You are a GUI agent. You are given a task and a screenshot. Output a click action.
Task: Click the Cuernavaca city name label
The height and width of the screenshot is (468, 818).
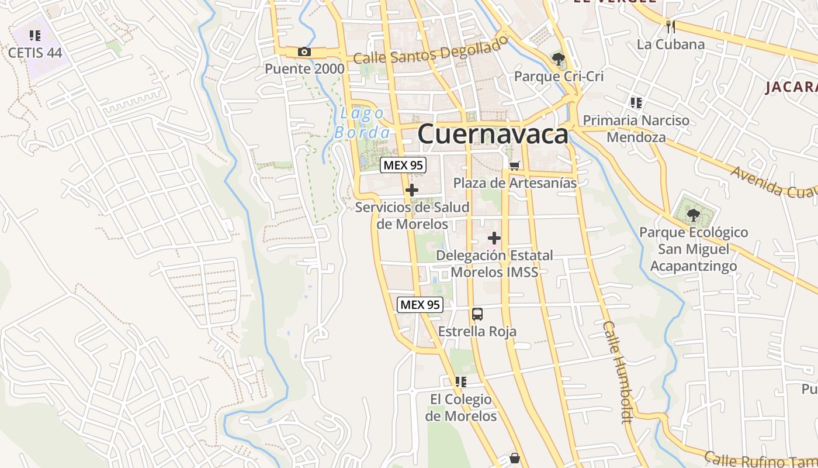coord(493,134)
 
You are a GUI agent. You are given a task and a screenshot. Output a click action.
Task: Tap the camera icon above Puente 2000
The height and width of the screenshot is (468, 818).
coord(304,52)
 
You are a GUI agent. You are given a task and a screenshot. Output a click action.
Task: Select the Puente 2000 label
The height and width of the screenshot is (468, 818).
coord(304,68)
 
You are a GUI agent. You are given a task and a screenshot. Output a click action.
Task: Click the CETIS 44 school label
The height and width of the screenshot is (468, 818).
coord(35,52)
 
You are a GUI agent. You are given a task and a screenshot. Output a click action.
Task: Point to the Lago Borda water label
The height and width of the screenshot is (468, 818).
coord(362,123)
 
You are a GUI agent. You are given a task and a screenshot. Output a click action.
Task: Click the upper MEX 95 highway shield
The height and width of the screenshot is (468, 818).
coord(403,165)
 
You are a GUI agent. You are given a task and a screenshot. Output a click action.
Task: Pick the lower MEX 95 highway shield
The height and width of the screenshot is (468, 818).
coord(420,304)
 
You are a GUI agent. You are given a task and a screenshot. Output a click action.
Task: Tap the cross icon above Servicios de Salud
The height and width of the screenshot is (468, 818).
coord(412,190)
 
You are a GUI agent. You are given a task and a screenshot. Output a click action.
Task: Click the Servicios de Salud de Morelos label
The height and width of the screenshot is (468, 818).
coord(413,215)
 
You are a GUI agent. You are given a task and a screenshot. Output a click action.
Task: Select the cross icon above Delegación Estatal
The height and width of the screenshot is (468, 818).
coord(494,238)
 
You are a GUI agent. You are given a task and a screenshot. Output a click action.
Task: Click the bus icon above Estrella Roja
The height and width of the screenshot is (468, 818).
coord(477,314)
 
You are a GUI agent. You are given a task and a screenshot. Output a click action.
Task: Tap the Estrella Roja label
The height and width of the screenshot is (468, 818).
coord(477,332)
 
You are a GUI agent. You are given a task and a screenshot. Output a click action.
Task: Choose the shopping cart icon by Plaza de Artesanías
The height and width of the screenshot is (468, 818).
coord(514,166)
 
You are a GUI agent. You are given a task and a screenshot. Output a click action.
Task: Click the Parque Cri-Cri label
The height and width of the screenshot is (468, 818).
coord(559,77)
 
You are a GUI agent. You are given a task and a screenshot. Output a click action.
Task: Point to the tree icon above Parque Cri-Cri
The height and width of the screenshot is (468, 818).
coord(559,58)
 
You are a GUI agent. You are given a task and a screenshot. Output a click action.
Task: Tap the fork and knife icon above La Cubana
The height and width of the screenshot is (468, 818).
coord(671,26)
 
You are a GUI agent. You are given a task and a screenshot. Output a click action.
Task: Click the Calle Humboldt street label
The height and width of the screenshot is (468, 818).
coord(618,371)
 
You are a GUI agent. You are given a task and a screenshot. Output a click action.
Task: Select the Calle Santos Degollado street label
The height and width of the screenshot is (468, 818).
coord(431,51)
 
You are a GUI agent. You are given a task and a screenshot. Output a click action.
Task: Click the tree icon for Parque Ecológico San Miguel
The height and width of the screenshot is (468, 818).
coord(693,215)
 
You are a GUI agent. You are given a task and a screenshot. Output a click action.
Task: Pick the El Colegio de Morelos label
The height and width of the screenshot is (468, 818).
coord(461,408)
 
